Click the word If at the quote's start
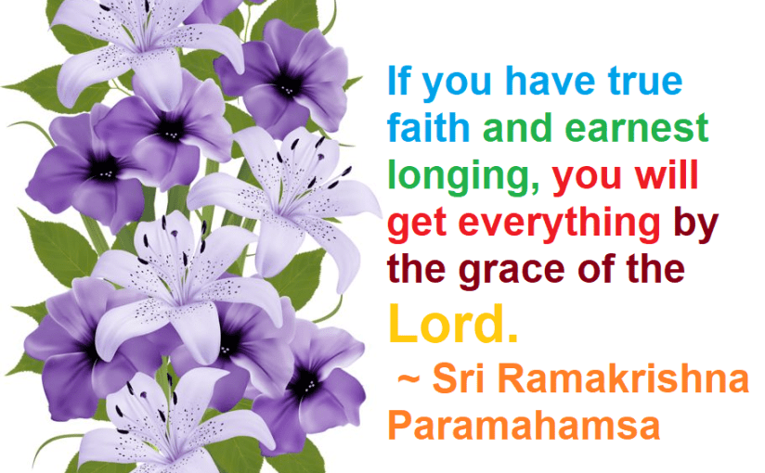[397, 82]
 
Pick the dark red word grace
[513, 272]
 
